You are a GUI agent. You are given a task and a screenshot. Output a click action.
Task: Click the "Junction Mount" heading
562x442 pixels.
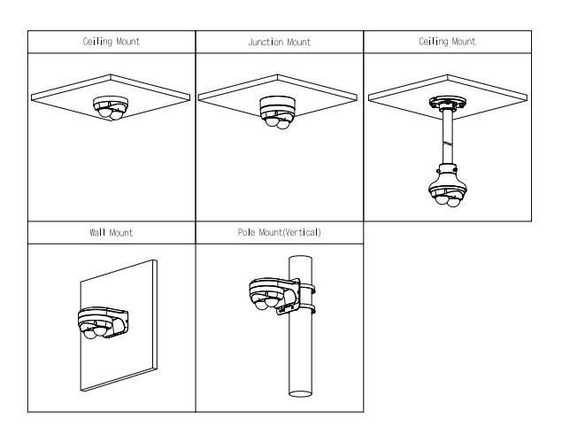(x=279, y=42)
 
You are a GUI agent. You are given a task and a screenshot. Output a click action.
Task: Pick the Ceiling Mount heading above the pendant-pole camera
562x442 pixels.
(x=448, y=42)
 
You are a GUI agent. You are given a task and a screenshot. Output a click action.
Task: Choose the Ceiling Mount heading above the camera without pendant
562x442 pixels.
(x=112, y=42)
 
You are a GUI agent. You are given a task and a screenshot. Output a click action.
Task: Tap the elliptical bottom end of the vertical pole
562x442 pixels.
(x=301, y=391)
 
